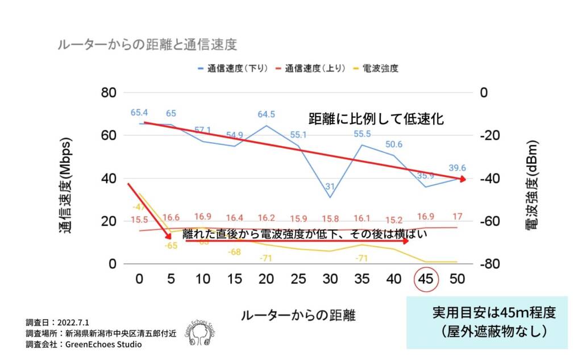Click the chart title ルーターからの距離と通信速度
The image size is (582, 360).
[x=147, y=45]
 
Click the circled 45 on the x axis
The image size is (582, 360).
[x=426, y=280]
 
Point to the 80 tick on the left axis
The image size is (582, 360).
[x=109, y=92]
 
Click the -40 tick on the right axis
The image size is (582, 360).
[x=492, y=179]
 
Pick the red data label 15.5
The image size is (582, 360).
[x=139, y=220]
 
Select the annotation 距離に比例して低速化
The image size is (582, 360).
[x=376, y=119]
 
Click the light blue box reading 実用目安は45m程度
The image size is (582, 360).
[x=487, y=322]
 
